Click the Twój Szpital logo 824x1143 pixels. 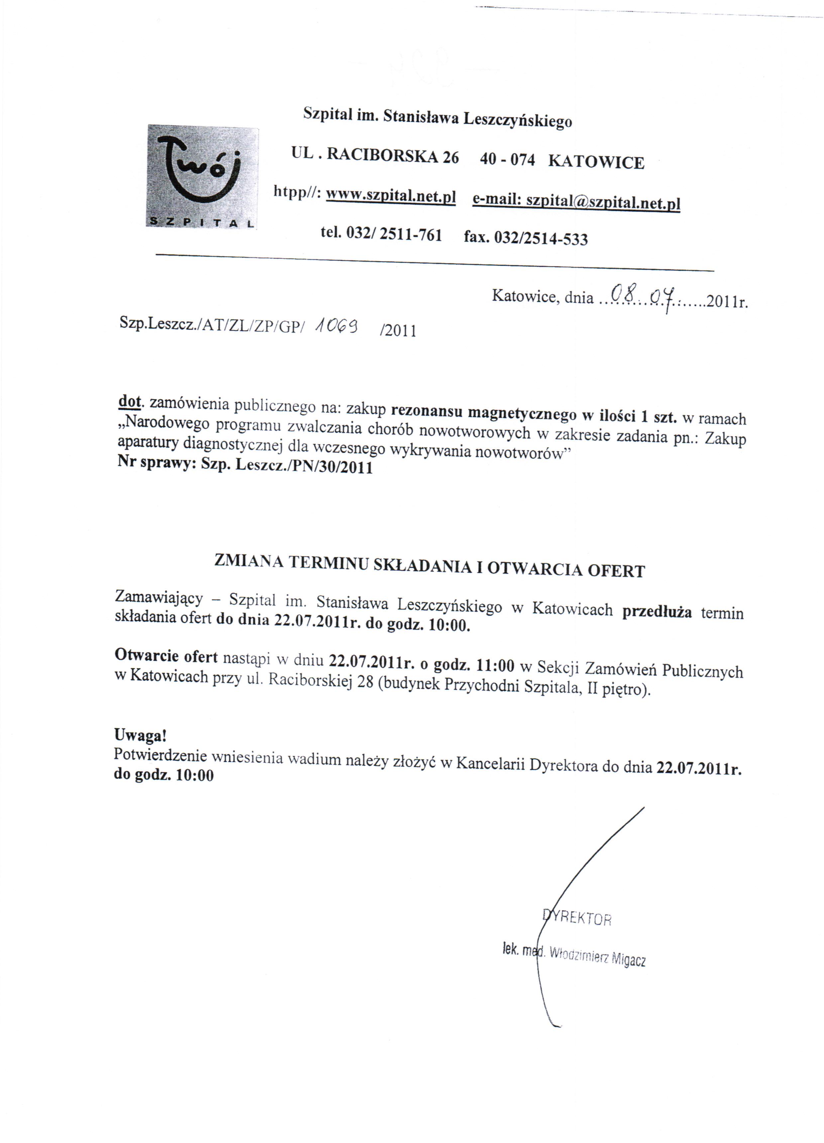click(202, 176)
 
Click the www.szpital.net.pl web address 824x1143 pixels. click(391, 196)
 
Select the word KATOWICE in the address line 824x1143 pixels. click(596, 162)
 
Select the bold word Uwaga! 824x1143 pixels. click(140, 735)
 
